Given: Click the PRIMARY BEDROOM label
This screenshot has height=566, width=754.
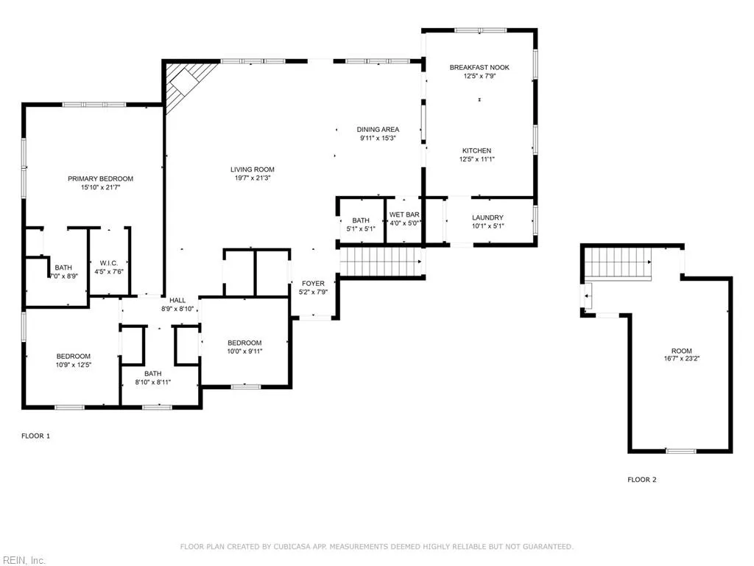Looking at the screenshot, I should (x=100, y=179).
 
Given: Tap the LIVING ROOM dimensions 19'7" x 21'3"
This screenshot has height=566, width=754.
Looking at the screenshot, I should (x=252, y=178).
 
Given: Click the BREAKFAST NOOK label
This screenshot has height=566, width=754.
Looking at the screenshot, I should (x=479, y=68).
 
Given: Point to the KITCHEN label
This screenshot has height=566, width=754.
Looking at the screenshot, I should (x=476, y=151).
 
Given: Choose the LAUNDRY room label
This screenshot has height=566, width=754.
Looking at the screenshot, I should (x=487, y=217).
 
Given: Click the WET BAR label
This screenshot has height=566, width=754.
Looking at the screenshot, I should (x=404, y=214).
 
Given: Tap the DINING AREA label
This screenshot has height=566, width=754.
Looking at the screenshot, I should (x=378, y=130).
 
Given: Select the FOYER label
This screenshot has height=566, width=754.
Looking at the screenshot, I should (x=313, y=284).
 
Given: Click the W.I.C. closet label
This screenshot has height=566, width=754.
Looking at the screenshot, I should (x=109, y=263).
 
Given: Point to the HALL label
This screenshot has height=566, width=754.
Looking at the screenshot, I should (x=177, y=301).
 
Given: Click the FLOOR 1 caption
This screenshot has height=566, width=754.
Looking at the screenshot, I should (x=35, y=436).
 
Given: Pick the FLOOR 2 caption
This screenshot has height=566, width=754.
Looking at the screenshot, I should (x=641, y=480).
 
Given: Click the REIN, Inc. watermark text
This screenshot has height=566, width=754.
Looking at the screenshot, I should (x=23, y=561).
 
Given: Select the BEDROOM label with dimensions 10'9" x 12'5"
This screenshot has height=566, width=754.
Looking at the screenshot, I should (x=74, y=357).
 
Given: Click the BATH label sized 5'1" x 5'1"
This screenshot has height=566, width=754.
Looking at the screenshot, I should (x=360, y=220).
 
